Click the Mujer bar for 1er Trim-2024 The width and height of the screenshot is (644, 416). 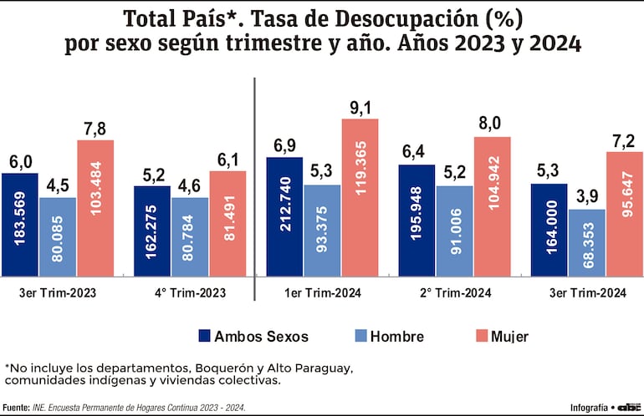coord(360,196)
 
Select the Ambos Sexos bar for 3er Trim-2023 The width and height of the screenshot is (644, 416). coord(19,224)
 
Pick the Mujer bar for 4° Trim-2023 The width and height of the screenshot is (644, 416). coord(227,223)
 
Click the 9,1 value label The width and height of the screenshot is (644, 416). coord(360,107)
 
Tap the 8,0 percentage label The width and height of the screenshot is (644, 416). coord(490,124)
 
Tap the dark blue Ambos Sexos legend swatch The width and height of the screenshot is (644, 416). coord(204,337)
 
